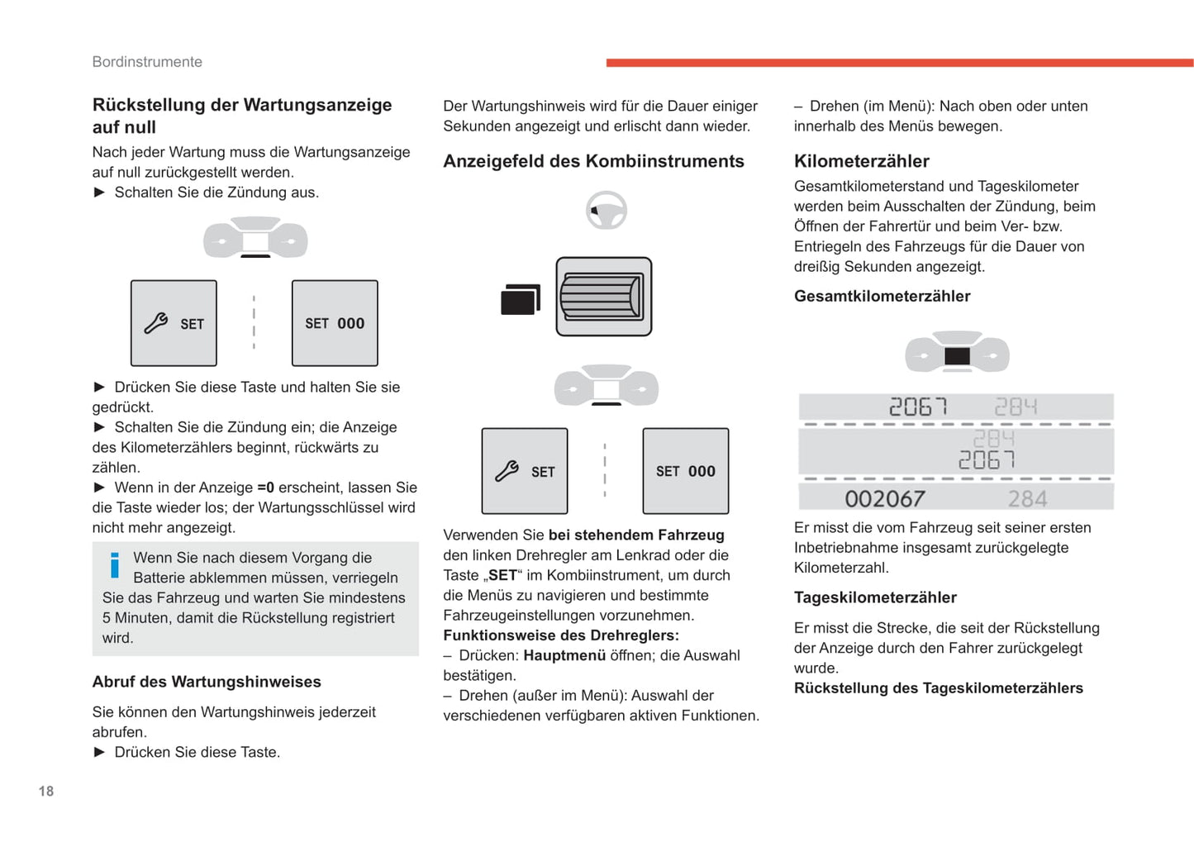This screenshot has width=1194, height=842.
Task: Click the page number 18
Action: (46, 791)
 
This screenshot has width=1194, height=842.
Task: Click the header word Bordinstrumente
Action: (147, 62)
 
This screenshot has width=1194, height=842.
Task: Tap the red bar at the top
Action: (899, 63)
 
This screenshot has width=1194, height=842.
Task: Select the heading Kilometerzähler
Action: (861, 161)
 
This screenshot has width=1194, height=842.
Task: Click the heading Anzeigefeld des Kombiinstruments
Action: (593, 161)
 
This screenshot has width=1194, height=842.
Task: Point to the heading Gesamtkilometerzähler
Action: (882, 296)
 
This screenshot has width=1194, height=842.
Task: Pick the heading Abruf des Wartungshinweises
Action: (207, 682)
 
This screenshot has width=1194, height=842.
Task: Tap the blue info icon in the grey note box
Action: (115, 565)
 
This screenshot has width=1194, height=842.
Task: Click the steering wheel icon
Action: (607, 210)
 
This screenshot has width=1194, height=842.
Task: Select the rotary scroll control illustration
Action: (603, 297)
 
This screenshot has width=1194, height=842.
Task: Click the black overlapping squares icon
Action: (520, 299)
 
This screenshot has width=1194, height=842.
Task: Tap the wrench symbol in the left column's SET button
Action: (156, 323)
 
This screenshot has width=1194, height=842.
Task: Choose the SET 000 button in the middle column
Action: (685, 471)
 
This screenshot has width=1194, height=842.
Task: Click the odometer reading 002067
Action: (884, 498)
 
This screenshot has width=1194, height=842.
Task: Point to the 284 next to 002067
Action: (1027, 498)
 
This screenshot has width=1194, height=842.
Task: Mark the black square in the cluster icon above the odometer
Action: (957, 356)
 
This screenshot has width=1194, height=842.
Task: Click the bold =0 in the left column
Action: (265, 488)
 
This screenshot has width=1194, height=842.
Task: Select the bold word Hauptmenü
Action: (564, 655)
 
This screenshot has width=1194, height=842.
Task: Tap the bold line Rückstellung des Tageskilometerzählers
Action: (938, 688)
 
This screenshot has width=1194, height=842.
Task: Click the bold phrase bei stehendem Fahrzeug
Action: (636, 535)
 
